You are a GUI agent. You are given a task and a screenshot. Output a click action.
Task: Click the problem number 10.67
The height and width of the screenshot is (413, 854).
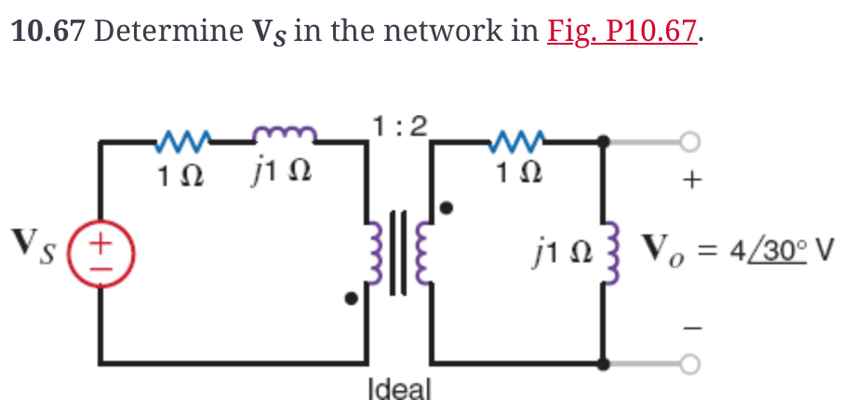pyautogui.click(x=47, y=31)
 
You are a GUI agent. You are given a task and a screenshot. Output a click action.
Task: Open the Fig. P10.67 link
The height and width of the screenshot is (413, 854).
pyautogui.click(x=622, y=31)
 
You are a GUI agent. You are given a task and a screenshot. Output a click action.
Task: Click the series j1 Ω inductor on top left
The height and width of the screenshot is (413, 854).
pyautogui.click(x=284, y=140)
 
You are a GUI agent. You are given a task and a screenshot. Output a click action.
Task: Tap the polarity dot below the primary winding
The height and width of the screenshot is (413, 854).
pyautogui.click(x=351, y=300)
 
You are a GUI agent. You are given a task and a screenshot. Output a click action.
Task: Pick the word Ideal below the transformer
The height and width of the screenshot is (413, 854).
pyautogui.click(x=400, y=388)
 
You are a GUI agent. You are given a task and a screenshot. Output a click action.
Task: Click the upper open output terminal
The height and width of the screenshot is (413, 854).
pyautogui.click(x=689, y=141)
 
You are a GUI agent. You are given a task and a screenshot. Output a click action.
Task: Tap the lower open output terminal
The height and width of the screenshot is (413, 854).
pyautogui.click(x=689, y=362)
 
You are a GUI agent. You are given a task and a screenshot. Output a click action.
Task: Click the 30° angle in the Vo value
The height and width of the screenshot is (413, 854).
pyautogui.click(x=787, y=252)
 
